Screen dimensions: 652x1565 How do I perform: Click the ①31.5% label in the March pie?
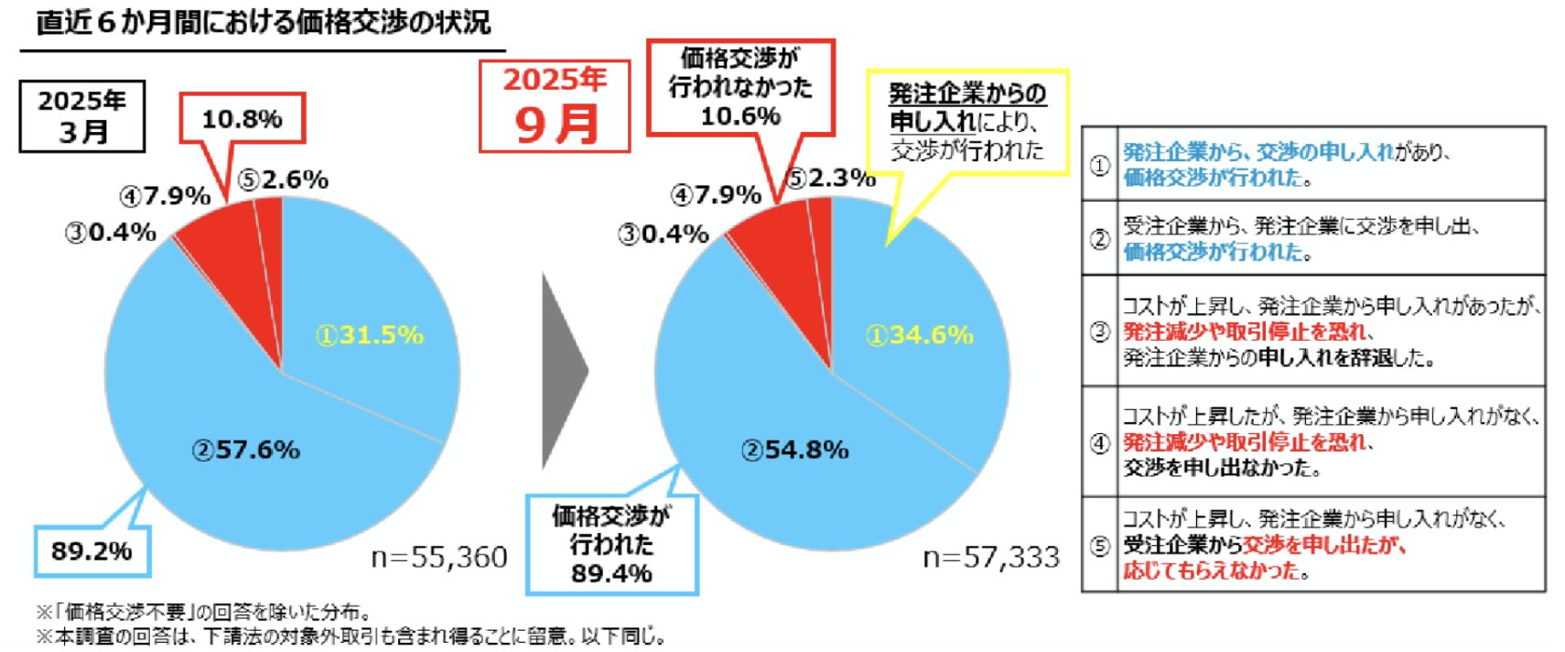(x=370, y=335)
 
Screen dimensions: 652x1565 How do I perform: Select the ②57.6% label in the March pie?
(x=245, y=450)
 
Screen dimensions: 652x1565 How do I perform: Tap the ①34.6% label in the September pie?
(x=919, y=335)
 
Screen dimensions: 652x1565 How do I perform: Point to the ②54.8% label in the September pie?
(x=794, y=450)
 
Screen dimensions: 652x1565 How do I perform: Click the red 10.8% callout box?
(x=242, y=119)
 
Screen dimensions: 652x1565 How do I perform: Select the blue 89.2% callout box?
(x=92, y=551)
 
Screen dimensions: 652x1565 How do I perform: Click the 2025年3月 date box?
(x=82, y=116)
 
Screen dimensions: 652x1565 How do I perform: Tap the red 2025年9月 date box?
(x=555, y=106)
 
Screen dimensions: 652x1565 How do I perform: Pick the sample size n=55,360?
(x=439, y=557)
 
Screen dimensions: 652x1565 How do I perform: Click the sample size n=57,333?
(x=991, y=557)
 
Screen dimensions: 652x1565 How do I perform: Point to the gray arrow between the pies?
(x=562, y=371)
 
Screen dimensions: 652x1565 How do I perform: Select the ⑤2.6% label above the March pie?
(x=283, y=179)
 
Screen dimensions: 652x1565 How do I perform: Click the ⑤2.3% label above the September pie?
(x=831, y=179)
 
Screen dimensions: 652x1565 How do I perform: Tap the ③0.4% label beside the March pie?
(x=110, y=233)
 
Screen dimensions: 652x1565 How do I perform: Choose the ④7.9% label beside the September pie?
(x=716, y=195)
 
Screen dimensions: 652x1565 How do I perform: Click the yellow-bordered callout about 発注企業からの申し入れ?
(x=966, y=122)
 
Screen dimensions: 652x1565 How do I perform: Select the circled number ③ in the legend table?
(x=1099, y=331)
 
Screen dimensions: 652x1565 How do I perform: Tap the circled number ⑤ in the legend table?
(x=1099, y=546)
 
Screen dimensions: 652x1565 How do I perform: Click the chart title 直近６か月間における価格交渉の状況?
(x=264, y=22)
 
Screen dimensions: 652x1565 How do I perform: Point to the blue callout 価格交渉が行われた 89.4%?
(x=611, y=545)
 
